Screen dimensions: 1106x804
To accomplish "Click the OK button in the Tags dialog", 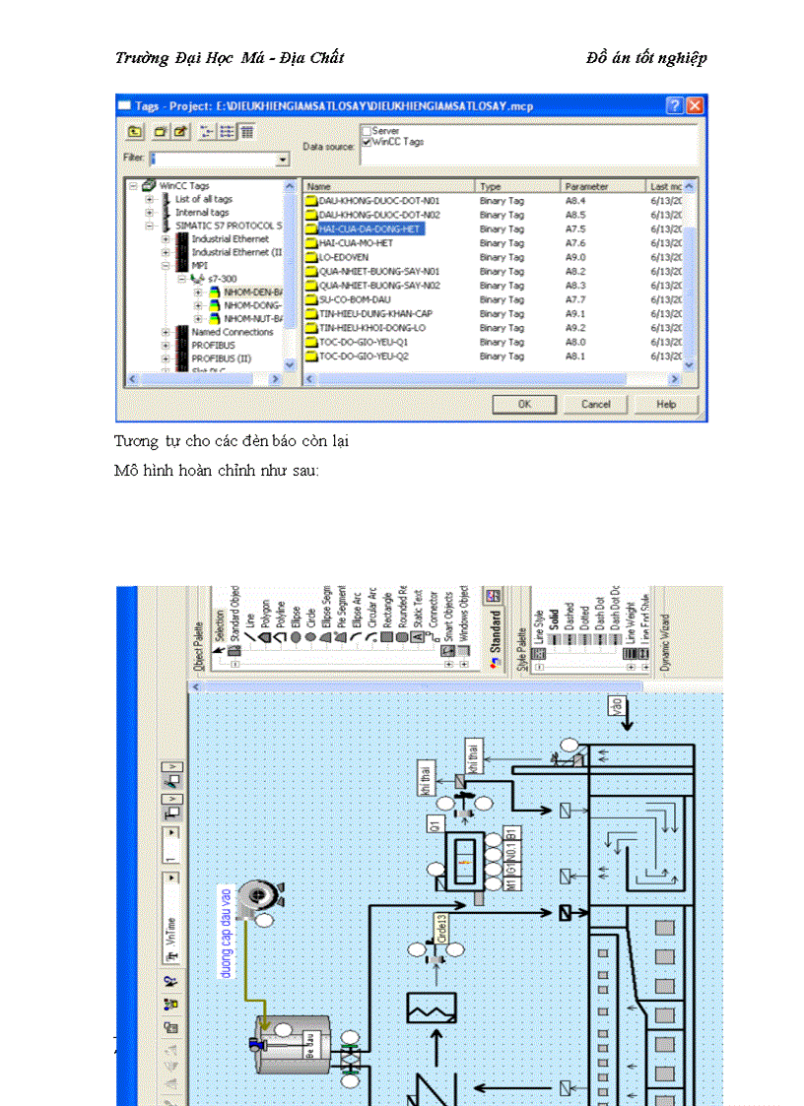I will [x=524, y=404].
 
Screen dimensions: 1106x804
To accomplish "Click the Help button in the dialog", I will [x=666, y=404].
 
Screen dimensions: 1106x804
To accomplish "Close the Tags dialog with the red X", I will [x=696, y=105].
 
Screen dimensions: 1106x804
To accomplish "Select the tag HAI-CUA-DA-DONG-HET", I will [x=369, y=228].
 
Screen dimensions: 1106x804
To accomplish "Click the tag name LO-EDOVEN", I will [x=344, y=257].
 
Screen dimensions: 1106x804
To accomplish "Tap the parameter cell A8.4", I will [x=574, y=200].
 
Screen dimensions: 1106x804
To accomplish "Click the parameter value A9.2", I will [x=574, y=328].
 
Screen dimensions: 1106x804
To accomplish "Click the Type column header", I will [x=491, y=186].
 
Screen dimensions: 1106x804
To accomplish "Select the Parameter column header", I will [x=587, y=186].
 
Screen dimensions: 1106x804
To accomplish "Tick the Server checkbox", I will [x=367, y=130].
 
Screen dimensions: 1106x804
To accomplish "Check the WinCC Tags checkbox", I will [x=367, y=142].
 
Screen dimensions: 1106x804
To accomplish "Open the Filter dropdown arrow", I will [x=282, y=160].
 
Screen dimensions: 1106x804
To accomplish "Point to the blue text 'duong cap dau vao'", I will [x=226, y=931].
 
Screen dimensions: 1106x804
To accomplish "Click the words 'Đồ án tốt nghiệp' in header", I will [x=645, y=58].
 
